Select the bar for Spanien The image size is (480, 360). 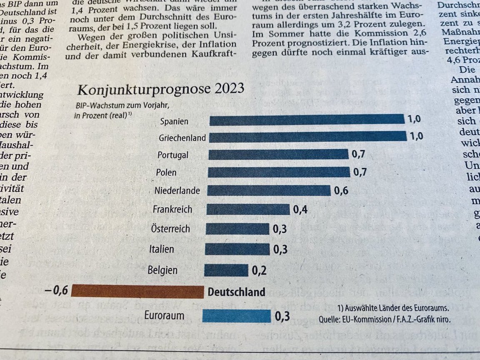click(307, 120)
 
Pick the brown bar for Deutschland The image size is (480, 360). click(137, 291)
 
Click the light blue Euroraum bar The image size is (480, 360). click(236, 316)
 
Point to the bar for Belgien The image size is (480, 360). click(226, 270)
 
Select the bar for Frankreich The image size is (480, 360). click(248, 209)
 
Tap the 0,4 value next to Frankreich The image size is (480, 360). click(300, 210)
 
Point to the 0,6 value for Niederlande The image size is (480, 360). click(341, 191)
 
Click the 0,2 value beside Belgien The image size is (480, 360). click(259, 270)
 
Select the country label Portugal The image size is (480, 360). click(173, 155)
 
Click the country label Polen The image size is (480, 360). click(166, 172)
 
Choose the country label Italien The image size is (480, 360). click(162, 249)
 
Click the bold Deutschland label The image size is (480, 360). click(236, 292)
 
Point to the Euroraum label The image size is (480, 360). click(164, 315)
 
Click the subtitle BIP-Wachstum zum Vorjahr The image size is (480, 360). click(122, 106)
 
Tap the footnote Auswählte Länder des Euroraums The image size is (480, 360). click(393, 308)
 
